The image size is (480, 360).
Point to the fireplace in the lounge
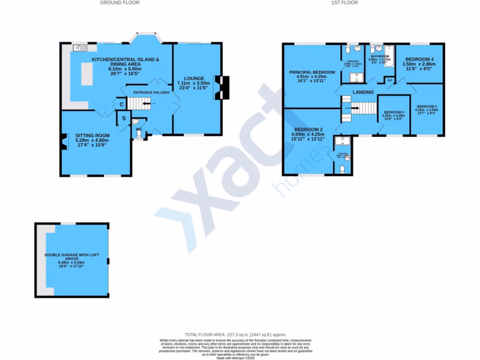pyautogui.click(x=221, y=88)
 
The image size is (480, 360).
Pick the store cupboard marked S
pyautogui.click(x=124, y=118)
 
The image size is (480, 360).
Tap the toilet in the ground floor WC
pyautogui.click(x=139, y=134)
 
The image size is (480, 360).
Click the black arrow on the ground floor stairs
pyautogui.click(x=146, y=104)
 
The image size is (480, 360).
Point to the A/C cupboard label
pyautogui.click(x=390, y=81)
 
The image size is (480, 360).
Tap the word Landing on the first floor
pyautogui.click(x=363, y=92)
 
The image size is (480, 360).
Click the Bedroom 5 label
pyautogui.click(x=394, y=112)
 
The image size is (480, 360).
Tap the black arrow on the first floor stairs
pyautogui.click(x=354, y=108)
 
